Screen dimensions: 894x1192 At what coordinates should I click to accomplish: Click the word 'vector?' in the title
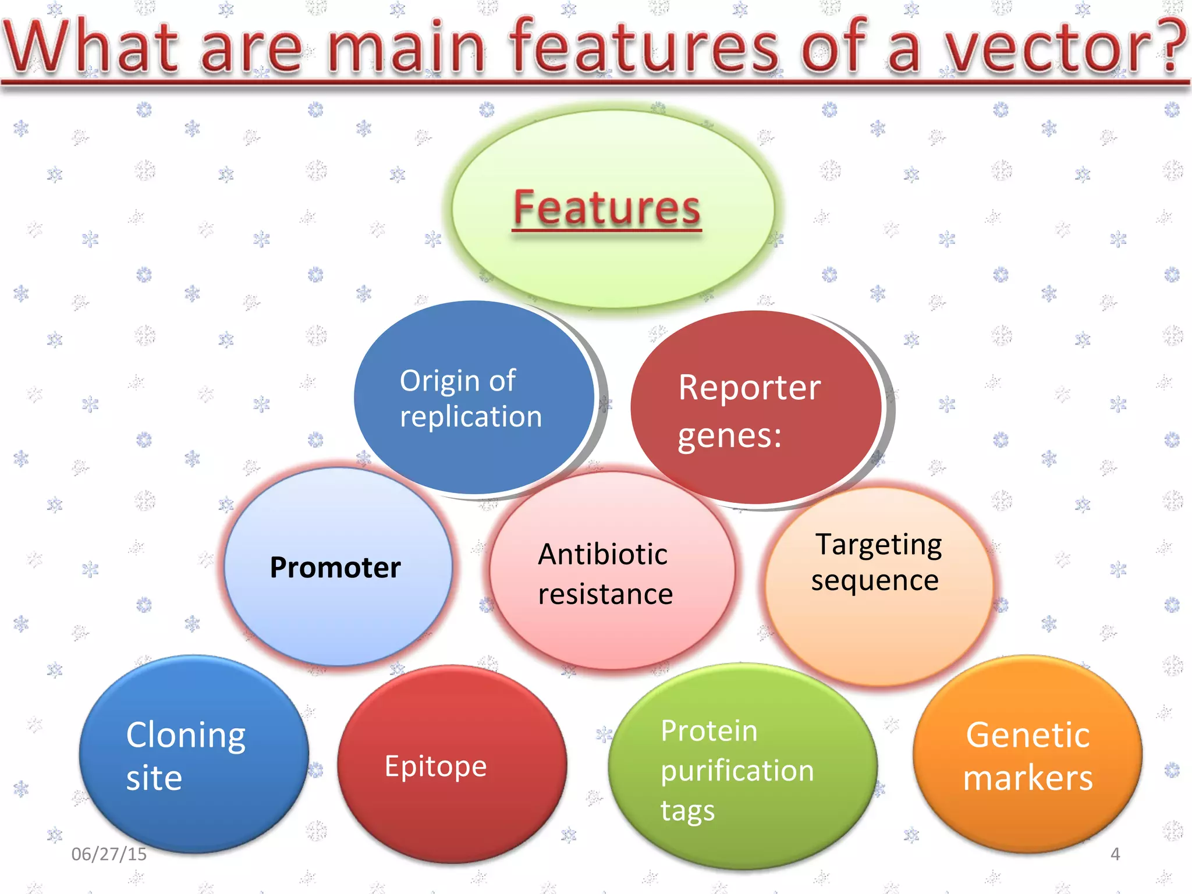point(1065,47)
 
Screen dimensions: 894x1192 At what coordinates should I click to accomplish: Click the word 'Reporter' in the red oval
point(749,388)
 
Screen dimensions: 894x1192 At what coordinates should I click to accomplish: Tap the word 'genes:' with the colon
point(729,435)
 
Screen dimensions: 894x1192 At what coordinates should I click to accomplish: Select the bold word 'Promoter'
point(335,567)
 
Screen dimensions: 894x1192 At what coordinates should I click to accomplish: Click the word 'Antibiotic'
point(602,554)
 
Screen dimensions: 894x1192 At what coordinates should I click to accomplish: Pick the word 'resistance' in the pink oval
point(605,594)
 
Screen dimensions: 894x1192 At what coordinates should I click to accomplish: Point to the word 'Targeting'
point(878,545)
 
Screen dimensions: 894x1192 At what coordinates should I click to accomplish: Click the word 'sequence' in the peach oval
point(875,580)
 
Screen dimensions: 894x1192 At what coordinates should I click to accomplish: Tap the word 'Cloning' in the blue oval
point(186,736)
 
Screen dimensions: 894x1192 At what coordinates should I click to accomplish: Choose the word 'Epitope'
point(435,767)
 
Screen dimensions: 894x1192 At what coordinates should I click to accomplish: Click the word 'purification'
point(737,771)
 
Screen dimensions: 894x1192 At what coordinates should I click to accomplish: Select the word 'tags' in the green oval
point(687,811)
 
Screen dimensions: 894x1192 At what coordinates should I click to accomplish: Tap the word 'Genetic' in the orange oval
point(1027,735)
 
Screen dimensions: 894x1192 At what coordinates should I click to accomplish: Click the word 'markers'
point(1028,778)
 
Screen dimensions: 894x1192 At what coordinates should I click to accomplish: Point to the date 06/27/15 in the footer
point(109,854)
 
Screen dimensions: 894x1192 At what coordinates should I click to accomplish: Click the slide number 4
point(1115,854)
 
